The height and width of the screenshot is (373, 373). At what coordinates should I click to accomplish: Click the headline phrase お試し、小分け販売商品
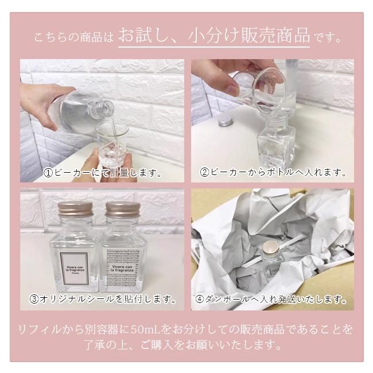[x=213, y=36]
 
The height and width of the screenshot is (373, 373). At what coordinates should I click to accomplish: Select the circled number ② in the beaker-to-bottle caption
[x=204, y=172]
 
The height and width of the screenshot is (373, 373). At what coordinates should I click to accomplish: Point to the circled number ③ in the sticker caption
[x=34, y=299]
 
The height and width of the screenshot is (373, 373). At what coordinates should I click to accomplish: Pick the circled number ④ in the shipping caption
[x=199, y=299]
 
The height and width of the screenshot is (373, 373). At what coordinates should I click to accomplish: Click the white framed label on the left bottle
[x=75, y=263]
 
